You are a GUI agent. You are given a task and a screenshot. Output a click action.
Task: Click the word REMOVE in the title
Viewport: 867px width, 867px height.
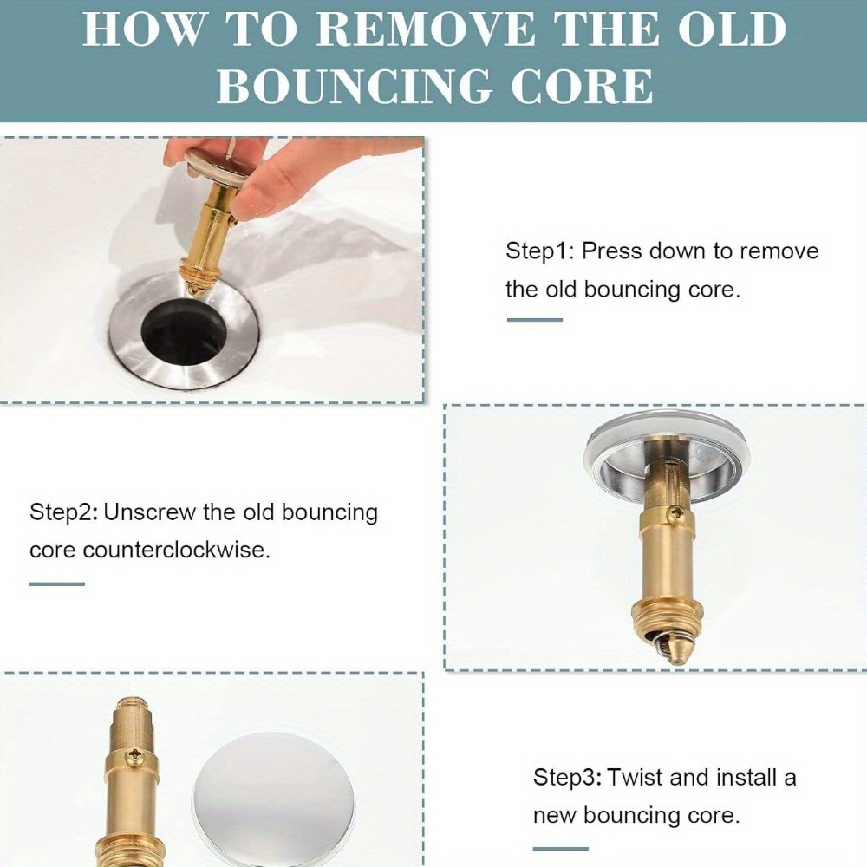tap(426, 29)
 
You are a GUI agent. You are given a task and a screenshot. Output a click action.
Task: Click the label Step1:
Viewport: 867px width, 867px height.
tap(540, 251)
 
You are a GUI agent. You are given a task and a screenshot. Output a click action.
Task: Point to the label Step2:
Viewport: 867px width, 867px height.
tap(64, 512)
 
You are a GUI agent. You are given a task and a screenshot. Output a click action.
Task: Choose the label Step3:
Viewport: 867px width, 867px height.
tap(567, 778)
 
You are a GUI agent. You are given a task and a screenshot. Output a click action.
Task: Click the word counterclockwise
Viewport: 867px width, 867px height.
tap(176, 551)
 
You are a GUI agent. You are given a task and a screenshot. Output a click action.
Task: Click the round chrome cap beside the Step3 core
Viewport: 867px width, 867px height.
tap(273, 800)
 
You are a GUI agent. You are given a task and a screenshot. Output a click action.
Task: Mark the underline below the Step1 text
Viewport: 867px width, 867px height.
tap(535, 320)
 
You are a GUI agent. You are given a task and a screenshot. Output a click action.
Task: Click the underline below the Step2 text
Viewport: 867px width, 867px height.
tap(57, 583)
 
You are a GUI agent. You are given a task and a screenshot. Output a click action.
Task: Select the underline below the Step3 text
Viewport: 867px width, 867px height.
tap(561, 848)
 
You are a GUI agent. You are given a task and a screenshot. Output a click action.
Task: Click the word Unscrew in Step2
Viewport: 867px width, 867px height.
tap(149, 512)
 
